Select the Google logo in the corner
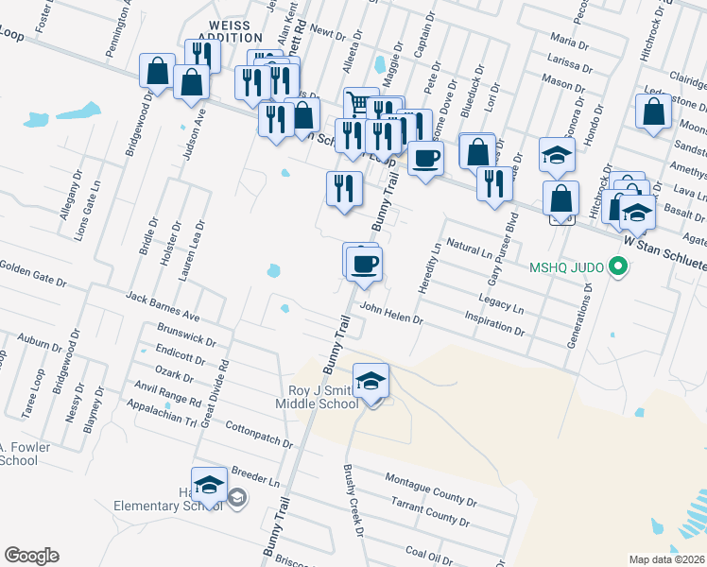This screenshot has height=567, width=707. pyautogui.click(x=32, y=555)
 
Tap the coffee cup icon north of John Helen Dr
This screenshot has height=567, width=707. pyautogui.click(x=363, y=263)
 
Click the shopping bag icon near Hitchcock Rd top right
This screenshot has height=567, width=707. pyautogui.click(x=654, y=112)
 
